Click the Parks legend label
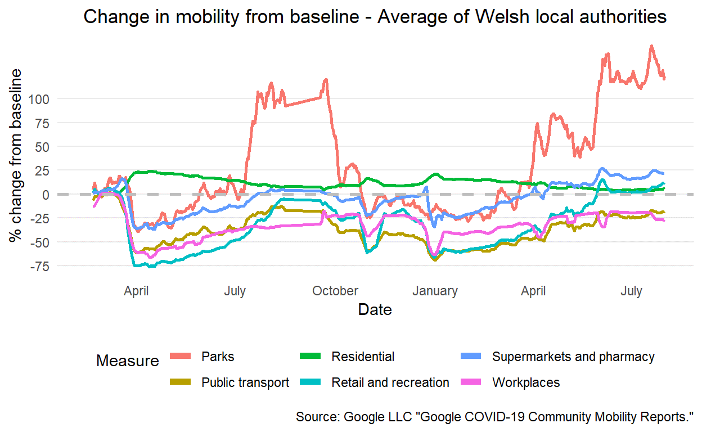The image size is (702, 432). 218,357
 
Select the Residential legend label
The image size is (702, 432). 363,357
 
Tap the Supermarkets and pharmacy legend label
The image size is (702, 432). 573,357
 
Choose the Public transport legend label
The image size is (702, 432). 245,382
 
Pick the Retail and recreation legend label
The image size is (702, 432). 390,382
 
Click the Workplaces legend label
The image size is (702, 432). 526,382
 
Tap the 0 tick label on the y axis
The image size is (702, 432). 46,195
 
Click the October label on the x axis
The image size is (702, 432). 335,291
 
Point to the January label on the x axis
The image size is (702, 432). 435,291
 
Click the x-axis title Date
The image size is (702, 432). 375,309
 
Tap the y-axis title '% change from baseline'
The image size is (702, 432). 17,156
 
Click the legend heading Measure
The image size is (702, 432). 128,361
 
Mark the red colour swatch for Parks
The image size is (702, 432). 182,357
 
